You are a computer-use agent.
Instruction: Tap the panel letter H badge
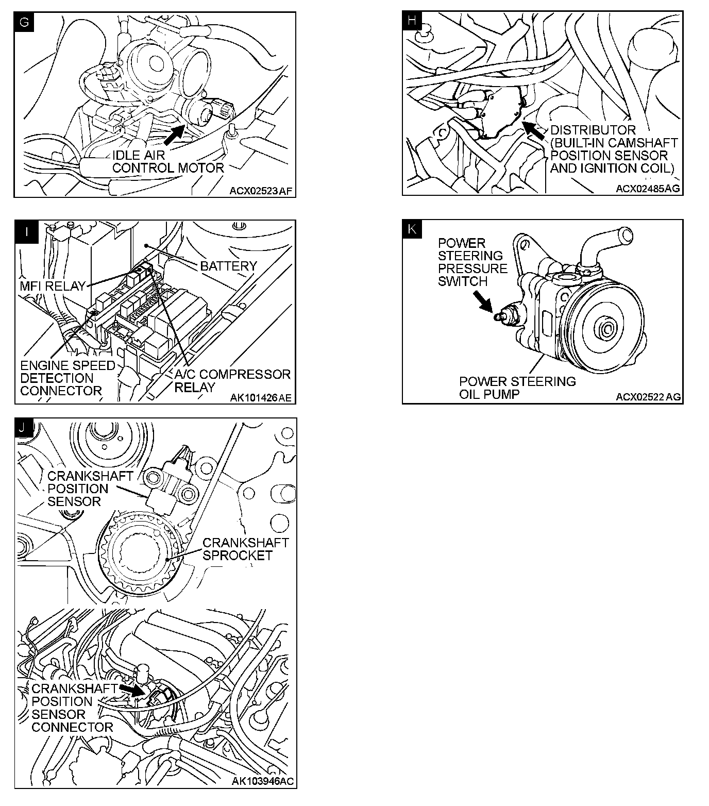point(412,21)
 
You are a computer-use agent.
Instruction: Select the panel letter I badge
point(24,229)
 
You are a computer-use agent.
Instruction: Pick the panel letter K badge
point(412,229)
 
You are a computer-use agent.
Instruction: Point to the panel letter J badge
point(24,427)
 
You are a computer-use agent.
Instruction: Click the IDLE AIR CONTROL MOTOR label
point(168,161)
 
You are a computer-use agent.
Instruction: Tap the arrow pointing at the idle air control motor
point(174,133)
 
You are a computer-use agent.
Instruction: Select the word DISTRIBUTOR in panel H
point(593,130)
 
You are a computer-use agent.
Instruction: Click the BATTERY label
point(228,266)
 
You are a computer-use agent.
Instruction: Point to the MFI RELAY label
point(53,286)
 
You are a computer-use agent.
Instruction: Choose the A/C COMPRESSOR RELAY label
point(232,380)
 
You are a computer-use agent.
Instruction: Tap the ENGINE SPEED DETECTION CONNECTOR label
point(67,378)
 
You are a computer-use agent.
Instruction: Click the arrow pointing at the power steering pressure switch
point(483,302)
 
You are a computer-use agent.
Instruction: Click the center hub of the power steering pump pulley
point(605,327)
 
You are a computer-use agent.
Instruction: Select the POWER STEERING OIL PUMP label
point(517,388)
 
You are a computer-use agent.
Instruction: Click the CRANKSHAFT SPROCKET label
point(245,549)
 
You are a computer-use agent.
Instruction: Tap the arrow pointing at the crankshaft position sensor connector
point(133,690)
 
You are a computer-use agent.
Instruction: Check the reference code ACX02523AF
point(261,191)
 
